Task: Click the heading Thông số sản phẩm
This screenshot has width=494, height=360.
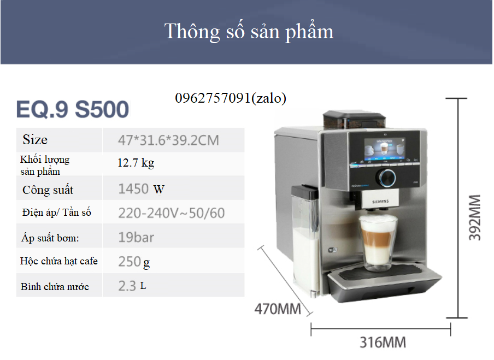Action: pos(249,32)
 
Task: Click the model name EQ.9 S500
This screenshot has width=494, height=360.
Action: pos(73,109)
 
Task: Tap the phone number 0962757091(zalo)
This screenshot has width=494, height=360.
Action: pos(231,98)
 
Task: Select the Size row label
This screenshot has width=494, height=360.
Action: pos(35,139)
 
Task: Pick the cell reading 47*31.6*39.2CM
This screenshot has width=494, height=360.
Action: pos(168,140)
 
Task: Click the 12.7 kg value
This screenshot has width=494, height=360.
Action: pos(136,163)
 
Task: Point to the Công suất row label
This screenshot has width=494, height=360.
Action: pos(48,190)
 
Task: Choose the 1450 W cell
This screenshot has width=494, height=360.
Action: pos(141,189)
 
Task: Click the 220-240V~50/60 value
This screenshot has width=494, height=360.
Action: pos(172,213)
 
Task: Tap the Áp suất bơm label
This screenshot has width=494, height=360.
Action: pos(50,238)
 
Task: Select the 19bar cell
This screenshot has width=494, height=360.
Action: pos(136,238)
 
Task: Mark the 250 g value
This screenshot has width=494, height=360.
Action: pos(134,262)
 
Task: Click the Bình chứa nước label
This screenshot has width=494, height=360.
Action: pos(55,287)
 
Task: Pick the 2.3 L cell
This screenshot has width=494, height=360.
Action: pos(132,286)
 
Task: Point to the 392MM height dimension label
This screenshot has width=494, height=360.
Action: pos(474,217)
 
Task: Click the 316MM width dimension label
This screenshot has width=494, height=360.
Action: pos(383,343)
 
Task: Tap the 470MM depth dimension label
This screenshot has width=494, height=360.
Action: pos(278,309)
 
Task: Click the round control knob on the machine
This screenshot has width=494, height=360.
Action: pos(387,178)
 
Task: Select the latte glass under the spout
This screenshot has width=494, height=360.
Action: pos(377,243)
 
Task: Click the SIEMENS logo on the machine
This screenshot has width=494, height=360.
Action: pos(380,201)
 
